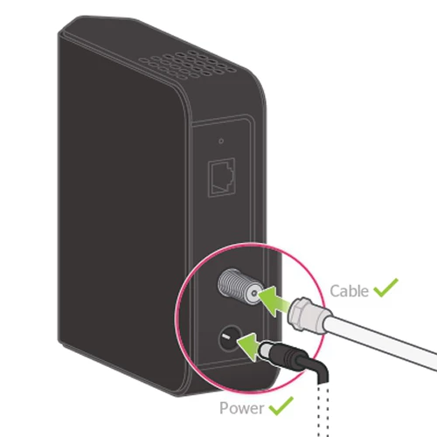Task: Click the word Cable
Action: [x=349, y=291]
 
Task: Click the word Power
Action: [x=241, y=408]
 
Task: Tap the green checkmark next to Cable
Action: [x=385, y=288]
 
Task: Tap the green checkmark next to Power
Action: [x=281, y=406]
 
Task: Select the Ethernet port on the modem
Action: [x=221, y=177]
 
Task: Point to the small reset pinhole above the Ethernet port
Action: [x=221, y=141]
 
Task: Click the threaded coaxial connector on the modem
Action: [x=239, y=286]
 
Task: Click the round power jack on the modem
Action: [x=230, y=338]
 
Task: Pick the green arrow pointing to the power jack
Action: [x=249, y=346]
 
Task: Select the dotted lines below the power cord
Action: [x=323, y=410]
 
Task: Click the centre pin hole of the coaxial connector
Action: [x=254, y=294]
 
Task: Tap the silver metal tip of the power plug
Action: [x=265, y=349]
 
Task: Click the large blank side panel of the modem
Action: [x=122, y=204]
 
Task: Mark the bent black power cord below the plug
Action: [x=317, y=369]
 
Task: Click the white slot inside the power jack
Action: [x=226, y=337]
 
